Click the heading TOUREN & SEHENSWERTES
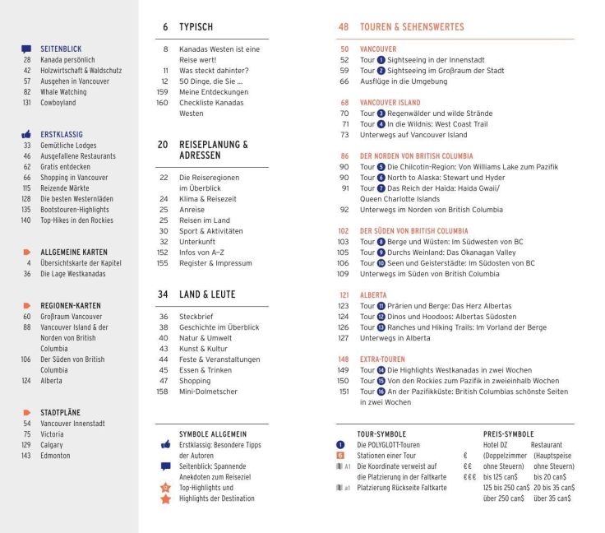point(412,27)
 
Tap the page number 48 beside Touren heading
point(344,27)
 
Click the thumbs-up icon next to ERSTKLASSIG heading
point(26,134)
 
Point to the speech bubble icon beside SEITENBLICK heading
point(26,49)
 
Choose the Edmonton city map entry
point(55,456)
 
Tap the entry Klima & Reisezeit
point(209,198)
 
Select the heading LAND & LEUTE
point(207,294)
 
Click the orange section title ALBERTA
point(374,294)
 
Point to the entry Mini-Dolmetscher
point(208,392)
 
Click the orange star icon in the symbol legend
point(165,498)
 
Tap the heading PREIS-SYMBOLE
point(508,433)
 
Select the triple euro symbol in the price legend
point(469,477)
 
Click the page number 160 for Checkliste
point(162,103)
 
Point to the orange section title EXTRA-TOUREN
point(382,359)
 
